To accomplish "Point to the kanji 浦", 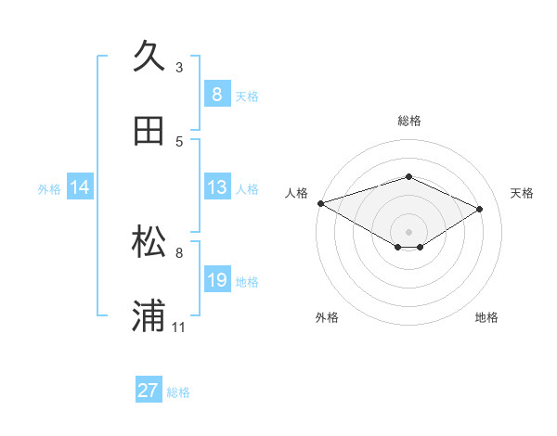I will [149, 315].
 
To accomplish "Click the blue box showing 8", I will [216, 94].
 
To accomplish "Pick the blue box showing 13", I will [216, 187].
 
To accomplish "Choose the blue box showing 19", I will [216, 280].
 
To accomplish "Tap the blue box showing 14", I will [79, 187].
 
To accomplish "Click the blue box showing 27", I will [149, 391].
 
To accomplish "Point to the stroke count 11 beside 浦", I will [179, 327].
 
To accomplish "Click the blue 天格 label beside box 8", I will [247, 96].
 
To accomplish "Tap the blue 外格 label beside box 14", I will [49, 188].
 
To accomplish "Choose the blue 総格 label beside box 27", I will [178, 391].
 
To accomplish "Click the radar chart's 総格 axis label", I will [408, 121].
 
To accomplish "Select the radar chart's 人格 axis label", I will [296, 193].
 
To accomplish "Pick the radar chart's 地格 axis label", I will [486, 317].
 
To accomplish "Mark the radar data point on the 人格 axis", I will [320, 203].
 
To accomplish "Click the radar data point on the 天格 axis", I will [480, 209].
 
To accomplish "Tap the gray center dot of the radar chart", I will [408, 231].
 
